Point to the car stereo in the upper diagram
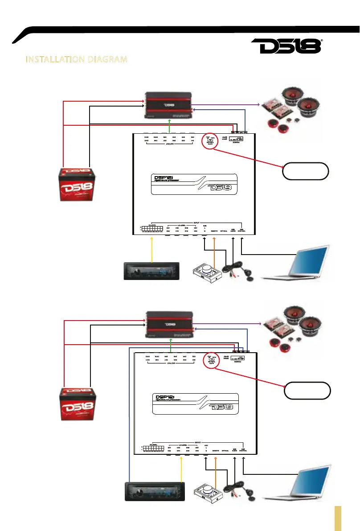pyautogui.click(x=151, y=271)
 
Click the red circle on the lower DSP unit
pyautogui.click(x=213, y=360)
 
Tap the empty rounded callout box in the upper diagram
pyautogui.click(x=307, y=171)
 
